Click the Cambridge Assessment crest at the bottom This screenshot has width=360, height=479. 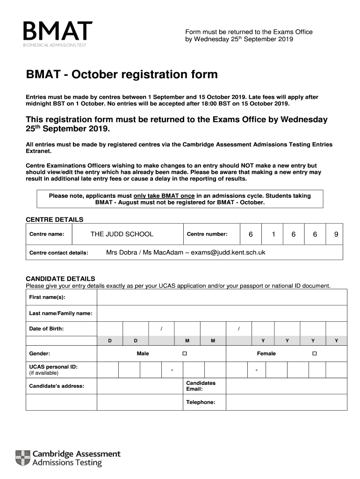tap(23, 458)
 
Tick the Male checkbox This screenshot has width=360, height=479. tap(185, 354)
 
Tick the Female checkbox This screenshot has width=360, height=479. tap(315, 354)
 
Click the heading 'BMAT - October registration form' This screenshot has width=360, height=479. tap(122, 74)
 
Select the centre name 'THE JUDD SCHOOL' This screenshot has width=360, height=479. tap(122, 234)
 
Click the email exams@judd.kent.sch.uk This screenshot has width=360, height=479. tap(228, 252)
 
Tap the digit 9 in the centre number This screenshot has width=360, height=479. tap(336, 234)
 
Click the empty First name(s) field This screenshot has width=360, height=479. tap(222, 297)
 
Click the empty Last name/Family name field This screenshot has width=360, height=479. tap(222, 313)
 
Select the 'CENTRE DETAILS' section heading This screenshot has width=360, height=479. tap(54, 219)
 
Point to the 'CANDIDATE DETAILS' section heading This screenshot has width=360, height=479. tap(60, 278)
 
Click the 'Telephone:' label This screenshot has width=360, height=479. tap(201, 402)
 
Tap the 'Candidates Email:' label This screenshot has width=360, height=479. tap(201, 386)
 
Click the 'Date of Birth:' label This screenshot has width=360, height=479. tap(47, 329)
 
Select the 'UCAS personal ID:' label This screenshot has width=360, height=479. tap(53, 367)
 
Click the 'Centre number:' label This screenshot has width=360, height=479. tap(207, 234)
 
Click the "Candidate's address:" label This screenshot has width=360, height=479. tap(57, 386)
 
